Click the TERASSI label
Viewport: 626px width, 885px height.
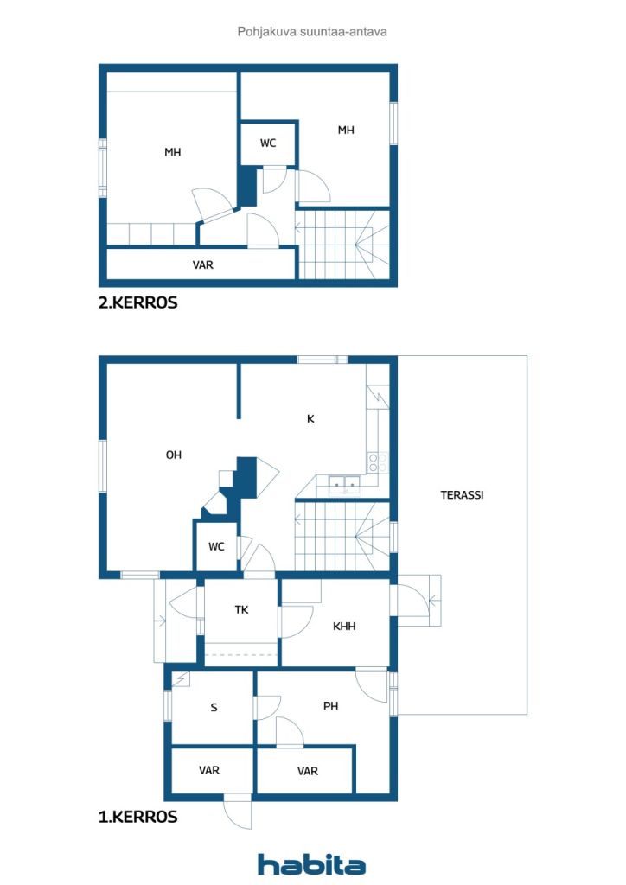click(x=462, y=495)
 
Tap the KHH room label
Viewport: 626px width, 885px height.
click(x=344, y=626)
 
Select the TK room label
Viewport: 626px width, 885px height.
click(x=241, y=609)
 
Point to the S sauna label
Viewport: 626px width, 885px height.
click(x=214, y=707)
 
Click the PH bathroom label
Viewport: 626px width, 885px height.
click(x=331, y=705)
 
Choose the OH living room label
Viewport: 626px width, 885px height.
click(x=173, y=455)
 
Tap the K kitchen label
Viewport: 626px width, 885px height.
click(x=310, y=419)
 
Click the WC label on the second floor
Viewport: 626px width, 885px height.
click(x=268, y=143)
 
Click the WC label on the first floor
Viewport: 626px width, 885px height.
click(x=216, y=546)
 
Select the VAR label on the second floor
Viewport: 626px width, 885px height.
click(x=202, y=264)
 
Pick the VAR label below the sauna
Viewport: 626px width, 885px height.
click(x=209, y=770)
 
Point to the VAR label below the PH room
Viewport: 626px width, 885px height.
click(x=308, y=771)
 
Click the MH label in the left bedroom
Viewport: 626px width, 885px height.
click(x=172, y=152)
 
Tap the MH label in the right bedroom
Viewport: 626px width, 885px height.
click(x=346, y=130)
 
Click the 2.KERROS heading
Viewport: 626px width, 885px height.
click(x=137, y=302)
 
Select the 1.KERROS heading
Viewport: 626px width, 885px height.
click(x=137, y=817)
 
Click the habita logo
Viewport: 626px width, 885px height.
click(x=311, y=864)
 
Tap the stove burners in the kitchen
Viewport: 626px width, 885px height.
click(x=377, y=462)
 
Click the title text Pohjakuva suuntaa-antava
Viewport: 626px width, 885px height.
click(x=311, y=32)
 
